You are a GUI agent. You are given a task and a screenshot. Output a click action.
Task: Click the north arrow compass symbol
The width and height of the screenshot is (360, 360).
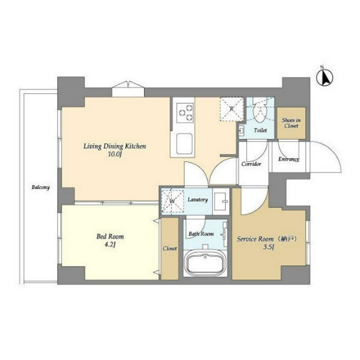324,78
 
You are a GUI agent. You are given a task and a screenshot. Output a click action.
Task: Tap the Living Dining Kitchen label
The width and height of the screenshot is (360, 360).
115,146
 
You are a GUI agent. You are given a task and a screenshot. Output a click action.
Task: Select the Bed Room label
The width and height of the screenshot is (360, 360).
110,237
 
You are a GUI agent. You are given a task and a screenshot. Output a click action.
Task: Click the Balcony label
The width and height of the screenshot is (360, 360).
40,187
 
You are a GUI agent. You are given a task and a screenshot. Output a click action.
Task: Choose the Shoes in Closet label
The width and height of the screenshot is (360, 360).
291,123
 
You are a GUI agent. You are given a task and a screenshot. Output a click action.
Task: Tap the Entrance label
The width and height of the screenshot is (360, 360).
289,159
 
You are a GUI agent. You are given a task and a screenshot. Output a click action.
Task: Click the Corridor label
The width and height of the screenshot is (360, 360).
251,164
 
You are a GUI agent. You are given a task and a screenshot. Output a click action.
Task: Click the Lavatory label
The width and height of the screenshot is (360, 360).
198,200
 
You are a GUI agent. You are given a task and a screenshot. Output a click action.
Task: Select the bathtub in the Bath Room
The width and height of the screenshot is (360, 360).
205,263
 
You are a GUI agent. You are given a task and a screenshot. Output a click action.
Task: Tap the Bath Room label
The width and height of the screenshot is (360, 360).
201,233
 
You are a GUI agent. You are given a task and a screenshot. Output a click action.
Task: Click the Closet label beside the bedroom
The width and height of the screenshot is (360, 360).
169,248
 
